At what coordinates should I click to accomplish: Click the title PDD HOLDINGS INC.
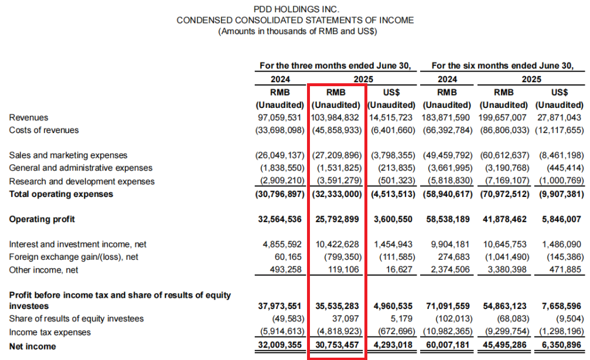(x=296, y=9)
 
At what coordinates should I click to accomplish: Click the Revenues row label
(x=29, y=118)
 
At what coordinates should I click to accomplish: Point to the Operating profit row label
(x=43, y=219)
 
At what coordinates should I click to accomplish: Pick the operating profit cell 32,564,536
(x=281, y=219)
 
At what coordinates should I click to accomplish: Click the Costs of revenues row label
(x=44, y=130)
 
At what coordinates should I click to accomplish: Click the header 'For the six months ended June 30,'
(x=502, y=65)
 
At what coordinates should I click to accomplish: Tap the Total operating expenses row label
(x=62, y=193)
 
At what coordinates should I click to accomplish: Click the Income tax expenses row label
(x=50, y=332)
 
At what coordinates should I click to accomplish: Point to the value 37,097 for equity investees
(x=346, y=319)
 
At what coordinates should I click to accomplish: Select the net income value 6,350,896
(x=560, y=347)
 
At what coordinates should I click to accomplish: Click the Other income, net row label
(x=44, y=270)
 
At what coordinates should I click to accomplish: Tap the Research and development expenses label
(x=82, y=181)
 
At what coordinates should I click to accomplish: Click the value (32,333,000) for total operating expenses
(x=336, y=193)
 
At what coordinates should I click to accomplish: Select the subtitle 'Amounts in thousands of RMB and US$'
(x=296, y=31)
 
